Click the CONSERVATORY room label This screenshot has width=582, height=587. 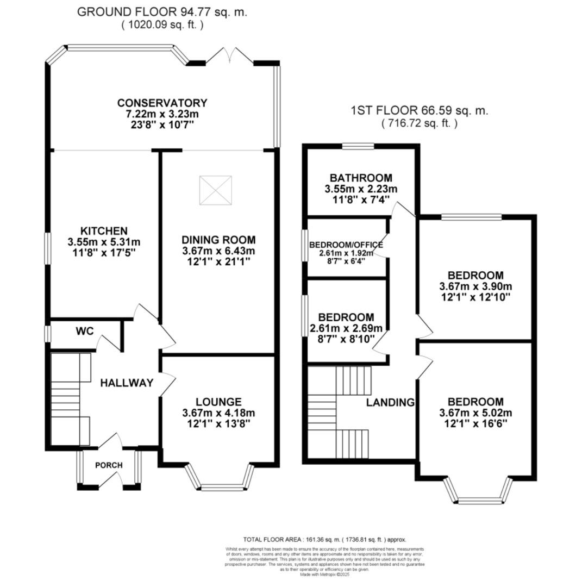[162, 103]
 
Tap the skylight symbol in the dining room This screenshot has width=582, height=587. [215, 190]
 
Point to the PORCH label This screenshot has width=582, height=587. [109, 465]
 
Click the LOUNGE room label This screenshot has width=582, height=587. [218, 402]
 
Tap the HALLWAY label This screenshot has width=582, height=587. [127, 383]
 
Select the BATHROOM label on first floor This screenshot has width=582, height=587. [361, 178]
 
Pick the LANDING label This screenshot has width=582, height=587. [390, 403]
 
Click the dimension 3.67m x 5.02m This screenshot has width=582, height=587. [475, 413]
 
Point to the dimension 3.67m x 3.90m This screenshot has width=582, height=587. [475, 286]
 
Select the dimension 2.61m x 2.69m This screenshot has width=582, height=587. [346, 328]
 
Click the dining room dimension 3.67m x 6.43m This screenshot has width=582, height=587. [218, 251]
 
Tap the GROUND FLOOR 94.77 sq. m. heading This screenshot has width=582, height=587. [162, 12]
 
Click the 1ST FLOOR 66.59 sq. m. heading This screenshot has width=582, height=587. [420, 111]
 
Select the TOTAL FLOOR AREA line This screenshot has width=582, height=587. [324, 540]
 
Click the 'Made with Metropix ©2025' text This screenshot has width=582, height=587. [325, 574]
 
